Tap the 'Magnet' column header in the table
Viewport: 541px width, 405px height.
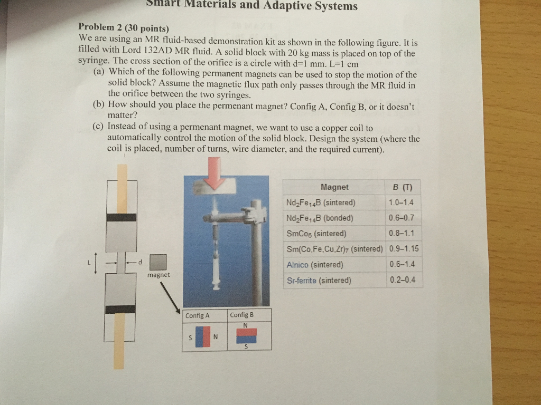click(334, 187)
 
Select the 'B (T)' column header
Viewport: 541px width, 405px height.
click(403, 187)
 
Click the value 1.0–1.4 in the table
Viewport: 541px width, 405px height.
click(400, 202)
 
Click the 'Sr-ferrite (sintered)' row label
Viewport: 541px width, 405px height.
click(319, 281)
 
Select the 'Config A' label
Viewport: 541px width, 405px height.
click(198, 315)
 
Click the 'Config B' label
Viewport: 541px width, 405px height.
click(242, 315)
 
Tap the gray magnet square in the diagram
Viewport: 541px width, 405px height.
click(158, 262)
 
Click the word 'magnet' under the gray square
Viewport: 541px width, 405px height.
click(158, 275)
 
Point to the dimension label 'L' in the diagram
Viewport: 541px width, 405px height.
click(89, 262)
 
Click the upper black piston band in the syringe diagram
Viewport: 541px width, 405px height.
click(122, 217)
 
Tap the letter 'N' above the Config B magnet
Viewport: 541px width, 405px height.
click(246, 325)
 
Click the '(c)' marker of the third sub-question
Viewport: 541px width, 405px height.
click(98, 127)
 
